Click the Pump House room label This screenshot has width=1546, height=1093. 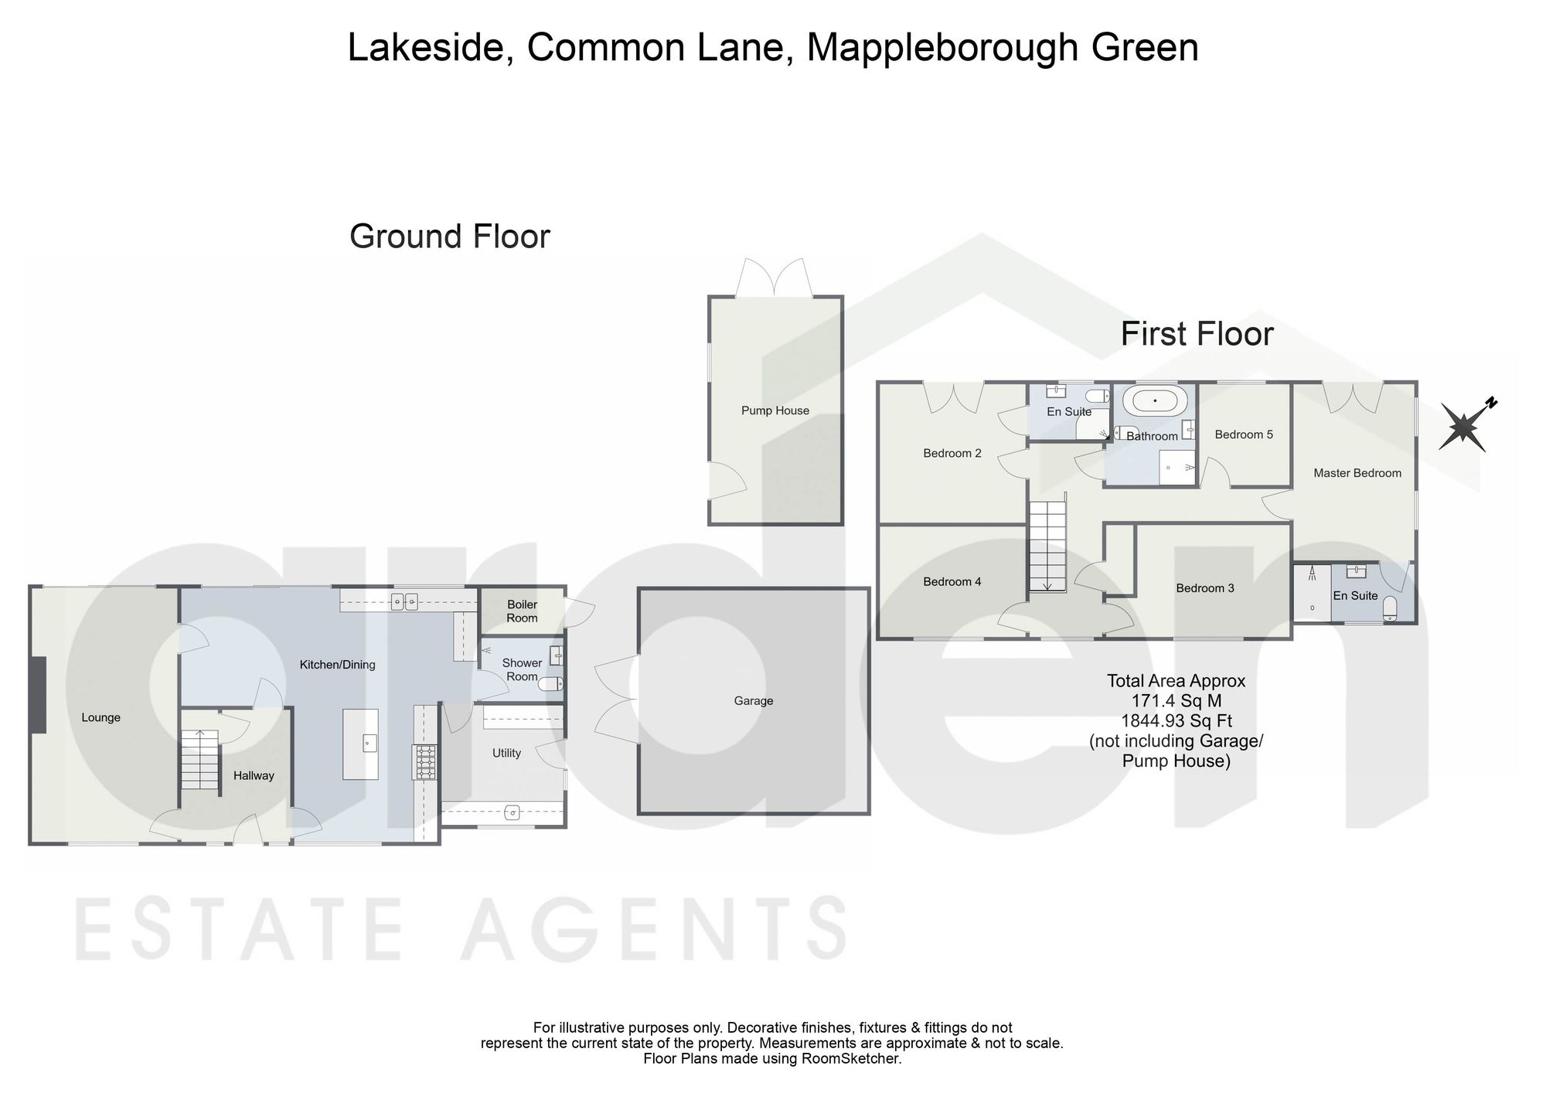click(x=775, y=410)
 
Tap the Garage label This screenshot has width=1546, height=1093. click(x=754, y=701)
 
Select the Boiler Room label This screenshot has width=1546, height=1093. click(x=522, y=611)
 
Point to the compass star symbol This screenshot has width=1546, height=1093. click(x=1463, y=427)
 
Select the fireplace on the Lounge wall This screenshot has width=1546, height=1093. click(x=38, y=695)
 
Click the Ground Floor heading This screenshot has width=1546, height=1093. click(x=450, y=237)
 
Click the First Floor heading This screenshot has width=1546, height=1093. click(x=1197, y=334)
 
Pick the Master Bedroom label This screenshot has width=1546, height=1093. click(x=1357, y=473)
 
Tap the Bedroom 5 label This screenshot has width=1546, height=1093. click(x=1244, y=434)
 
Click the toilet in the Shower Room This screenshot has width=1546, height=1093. click(x=550, y=684)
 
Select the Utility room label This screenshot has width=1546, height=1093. click(x=507, y=753)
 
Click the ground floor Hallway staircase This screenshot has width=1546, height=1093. click(x=200, y=760)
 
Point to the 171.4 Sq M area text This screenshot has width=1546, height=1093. click(x=1176, y=701)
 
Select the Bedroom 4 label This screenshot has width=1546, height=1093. click(x=952, y=582)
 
